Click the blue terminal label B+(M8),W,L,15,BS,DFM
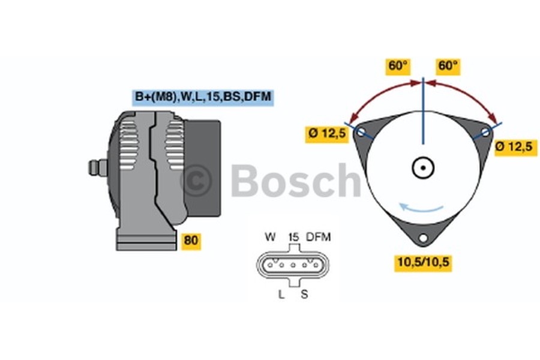tap(203, 97)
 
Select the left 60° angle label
tap(397, 66)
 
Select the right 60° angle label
tap(448, 66)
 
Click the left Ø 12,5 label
tap(328, 134)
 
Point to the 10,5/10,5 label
tap(422, 262)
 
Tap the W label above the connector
tap(270, 237)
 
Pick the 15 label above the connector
tap(293, 237)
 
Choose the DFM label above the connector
tap(318, 237)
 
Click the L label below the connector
tap(281, 294)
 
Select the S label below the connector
tap(304, 294)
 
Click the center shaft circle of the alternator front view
tap(423, 167)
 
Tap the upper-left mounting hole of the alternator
tap(361, 131)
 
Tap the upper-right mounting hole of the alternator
tap(485, 131)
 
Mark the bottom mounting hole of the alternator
tap(423, 239)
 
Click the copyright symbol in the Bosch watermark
tap(196, 180)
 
